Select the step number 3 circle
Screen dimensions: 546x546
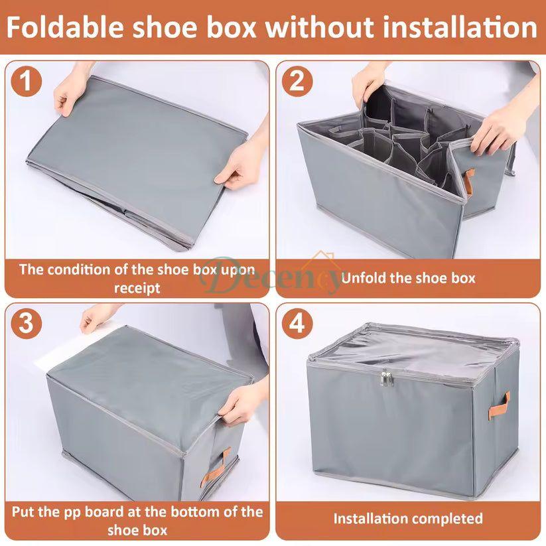coord(27,324)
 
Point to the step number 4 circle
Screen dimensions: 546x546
coord(297,324)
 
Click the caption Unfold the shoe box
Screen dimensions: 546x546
coord(408,277)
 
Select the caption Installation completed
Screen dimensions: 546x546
coord(408,518)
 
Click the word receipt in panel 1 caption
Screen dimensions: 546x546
coord(137,287)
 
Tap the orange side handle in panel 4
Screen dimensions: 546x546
coord(504,402)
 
